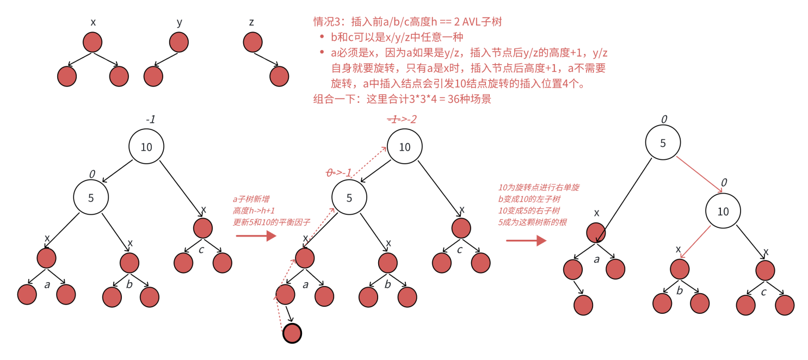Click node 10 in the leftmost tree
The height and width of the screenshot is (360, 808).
(x=146, y=146)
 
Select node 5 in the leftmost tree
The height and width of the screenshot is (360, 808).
(x=91, y=197)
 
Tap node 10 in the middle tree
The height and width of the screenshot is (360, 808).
(x=404, y=147)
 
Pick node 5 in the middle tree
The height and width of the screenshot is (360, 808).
(x=349, y=197)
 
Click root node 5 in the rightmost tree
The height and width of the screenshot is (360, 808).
(x=663, y=143)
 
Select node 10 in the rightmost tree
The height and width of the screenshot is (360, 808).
(x=723, y=212)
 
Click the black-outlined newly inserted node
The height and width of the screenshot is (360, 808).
(x=292, y=333)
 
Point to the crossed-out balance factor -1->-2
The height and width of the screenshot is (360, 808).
(x=402, y=119)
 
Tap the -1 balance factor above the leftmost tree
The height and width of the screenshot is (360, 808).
(x=150, y=119)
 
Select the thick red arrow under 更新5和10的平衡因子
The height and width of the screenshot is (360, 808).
(x=256, y=236)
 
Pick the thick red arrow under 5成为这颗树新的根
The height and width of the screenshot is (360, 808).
(x=526, y=240)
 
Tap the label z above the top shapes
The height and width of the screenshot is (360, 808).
(x=251, y=22)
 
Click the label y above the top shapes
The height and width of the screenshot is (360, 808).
(x=179, y=22)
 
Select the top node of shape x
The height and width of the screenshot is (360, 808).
(x=93, y=42)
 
